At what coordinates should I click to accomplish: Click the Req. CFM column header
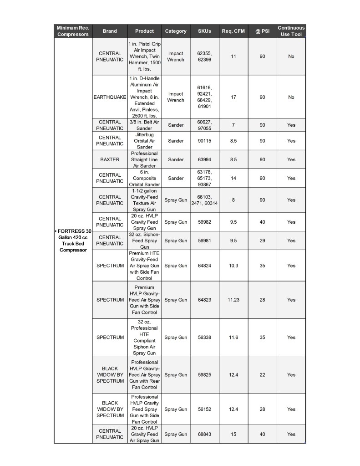coord(233,31)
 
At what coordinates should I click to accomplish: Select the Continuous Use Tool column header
coord(291,31)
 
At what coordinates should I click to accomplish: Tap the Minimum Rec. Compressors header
coord(73,31)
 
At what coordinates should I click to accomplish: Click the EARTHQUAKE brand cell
coord(110,97)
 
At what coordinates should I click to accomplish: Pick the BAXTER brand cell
coord(110,159)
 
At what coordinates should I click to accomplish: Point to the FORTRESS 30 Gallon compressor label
coord(73,241)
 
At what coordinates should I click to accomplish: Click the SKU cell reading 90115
coord(204,141)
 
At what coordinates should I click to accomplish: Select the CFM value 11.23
coord(233,300)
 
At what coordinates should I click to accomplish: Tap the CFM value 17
coord(233,97)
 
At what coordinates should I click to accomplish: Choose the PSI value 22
coord(262,375)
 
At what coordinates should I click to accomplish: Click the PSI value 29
coord(262,241)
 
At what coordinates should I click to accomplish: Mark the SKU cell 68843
coord(204,434)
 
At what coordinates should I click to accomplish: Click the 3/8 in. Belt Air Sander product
coord(144,125)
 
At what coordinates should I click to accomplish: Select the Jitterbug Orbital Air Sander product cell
coord(144,141)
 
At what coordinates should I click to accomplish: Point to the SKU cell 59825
coord(204,375)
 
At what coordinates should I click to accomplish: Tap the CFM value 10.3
coord(233,266)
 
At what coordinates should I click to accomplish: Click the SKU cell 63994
coord(204,159)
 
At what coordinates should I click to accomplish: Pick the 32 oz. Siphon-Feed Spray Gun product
coord(144,241)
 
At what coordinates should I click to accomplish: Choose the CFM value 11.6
coord(233,338)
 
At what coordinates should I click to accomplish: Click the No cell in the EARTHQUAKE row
coord(291,97)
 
